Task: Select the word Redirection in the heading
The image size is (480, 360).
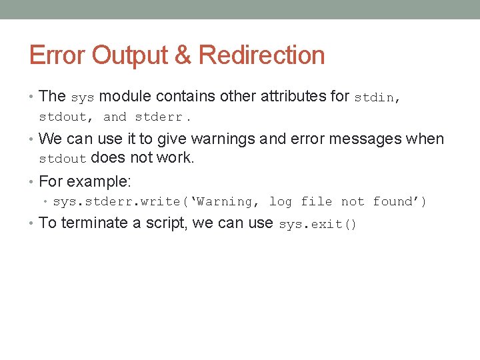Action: [x=261, y=55]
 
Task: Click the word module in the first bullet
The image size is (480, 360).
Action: [x=122, y=96]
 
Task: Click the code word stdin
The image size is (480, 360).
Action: [x=374, y=97]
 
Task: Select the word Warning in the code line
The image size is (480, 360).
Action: [x=225, y=202]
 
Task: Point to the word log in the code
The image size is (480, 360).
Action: [x=280, y=202]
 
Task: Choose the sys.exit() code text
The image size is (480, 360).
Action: [x=317, y=225]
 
